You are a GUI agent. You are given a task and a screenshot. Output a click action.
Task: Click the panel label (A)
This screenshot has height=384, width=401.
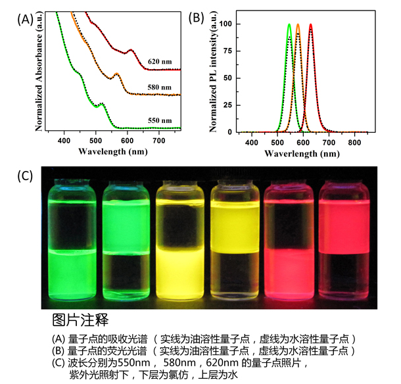(x=24, y=19)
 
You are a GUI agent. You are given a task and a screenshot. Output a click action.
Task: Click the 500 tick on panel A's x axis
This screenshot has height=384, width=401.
(x=96, y=140)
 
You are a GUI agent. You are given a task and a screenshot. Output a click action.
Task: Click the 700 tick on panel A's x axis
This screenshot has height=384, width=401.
(x=159, y=140)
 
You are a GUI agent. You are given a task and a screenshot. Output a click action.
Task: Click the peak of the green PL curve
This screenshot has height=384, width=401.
(x=289, y=25)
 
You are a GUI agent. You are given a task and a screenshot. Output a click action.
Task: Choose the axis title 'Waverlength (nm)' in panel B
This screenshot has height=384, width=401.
(x=302, y=154)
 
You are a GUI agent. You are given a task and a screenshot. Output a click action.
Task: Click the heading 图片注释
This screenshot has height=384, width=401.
(x=80, y=321)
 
